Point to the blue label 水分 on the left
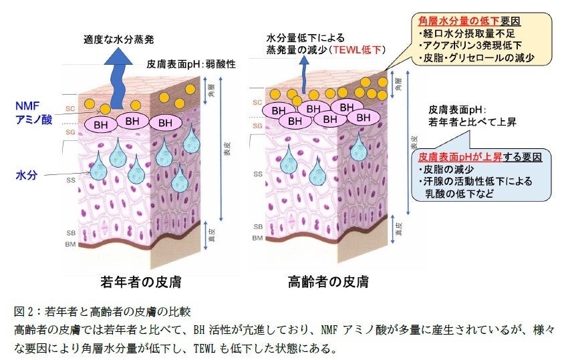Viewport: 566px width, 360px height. click(x=26, y=175)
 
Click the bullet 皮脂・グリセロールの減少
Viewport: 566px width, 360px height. click(x=476, y=57)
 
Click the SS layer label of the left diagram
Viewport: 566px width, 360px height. click(x=70, y=180)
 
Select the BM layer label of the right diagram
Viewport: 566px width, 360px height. click(x=257, y=238)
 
